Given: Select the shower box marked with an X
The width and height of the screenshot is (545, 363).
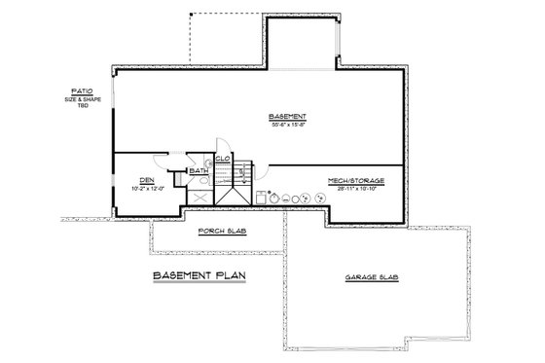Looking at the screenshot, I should click(199, 197).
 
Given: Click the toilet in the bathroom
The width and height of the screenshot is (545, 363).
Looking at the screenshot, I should click(179, 178).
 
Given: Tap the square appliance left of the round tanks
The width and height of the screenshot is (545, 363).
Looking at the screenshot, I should click(261, 196).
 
